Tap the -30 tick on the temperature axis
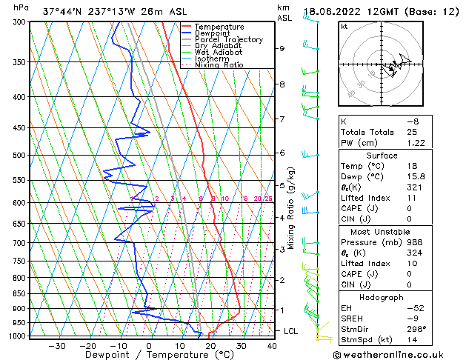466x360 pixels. point(57,345)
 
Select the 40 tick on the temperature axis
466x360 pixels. point(272,345)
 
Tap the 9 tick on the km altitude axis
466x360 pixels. point(282,48)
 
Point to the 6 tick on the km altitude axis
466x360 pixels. point(282,153)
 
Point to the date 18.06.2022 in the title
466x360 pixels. point(335,12)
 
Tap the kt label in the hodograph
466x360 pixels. point(344,26)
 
